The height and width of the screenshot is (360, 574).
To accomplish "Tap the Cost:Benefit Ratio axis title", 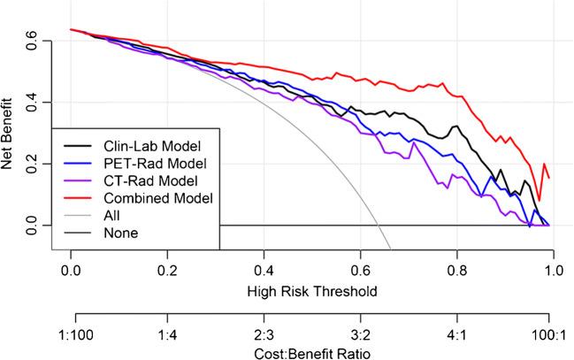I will [311, 352].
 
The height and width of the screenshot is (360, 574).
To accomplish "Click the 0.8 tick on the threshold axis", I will [456, 268].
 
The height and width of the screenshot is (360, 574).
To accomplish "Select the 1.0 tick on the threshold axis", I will [553, 268].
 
